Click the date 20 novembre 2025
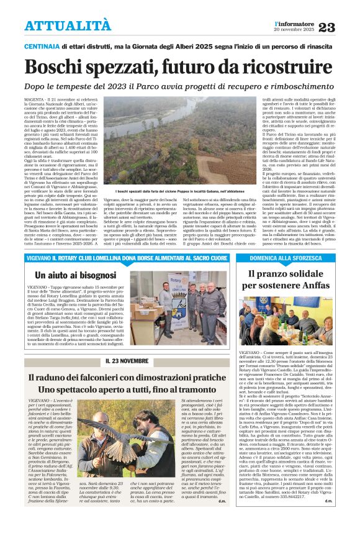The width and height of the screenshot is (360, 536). [292, 30]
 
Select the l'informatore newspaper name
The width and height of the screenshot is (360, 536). [292, 23]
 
